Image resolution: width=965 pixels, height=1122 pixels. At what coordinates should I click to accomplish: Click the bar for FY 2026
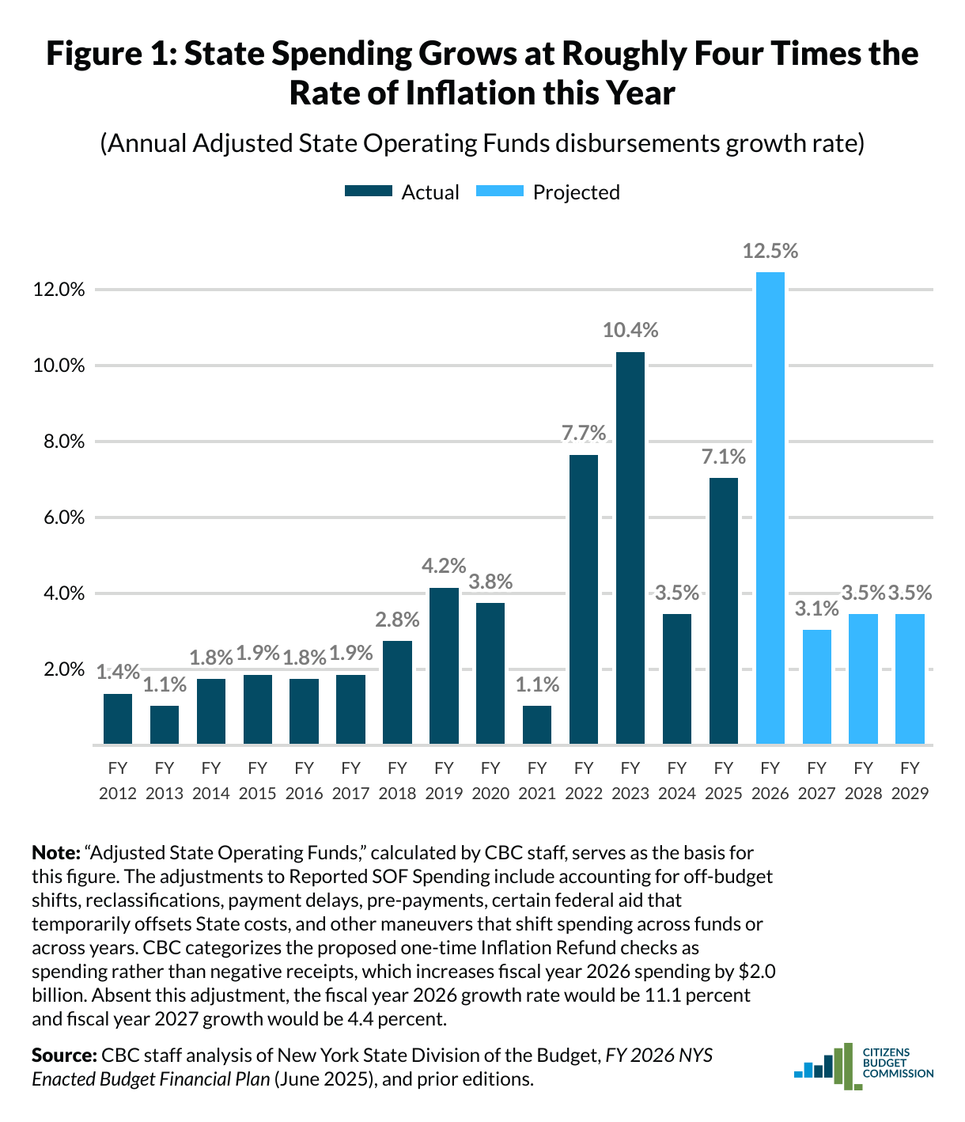[x=770, y=508]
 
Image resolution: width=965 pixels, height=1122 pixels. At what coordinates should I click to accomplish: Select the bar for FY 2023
[x=630, y=548]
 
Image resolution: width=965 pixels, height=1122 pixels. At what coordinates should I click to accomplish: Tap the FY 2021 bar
[x=537, y=725]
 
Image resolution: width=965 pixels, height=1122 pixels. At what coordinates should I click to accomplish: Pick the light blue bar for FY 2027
[x=817, y=687]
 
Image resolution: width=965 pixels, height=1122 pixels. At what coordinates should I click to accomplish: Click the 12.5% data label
[x=770, y=252]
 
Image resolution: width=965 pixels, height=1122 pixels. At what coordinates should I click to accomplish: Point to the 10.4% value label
[x=630, y=330]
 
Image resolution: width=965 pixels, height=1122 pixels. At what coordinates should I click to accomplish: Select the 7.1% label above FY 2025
[x=724, y=457]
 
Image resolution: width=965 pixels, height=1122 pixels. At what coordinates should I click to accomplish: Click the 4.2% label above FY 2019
[x=444, y=566]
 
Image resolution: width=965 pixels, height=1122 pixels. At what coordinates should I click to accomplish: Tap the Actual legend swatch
[x=369, y=192]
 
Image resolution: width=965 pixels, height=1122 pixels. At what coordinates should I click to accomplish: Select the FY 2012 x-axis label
[x=118, y=780]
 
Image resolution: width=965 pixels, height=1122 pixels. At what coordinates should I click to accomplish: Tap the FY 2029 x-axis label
[x=910, y=780]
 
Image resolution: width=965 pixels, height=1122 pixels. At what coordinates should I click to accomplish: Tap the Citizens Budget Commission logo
[x=863, y=1067]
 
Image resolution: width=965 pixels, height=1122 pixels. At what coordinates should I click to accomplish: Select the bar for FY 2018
[x=397, y=692]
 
